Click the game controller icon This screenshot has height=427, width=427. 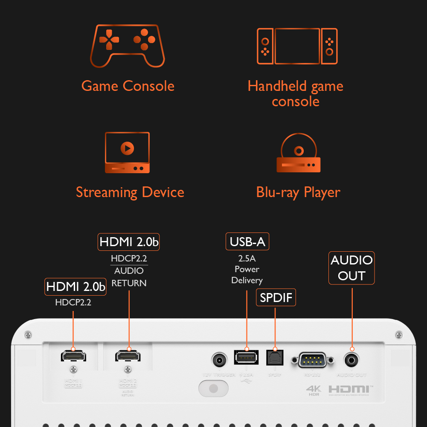(x=127, y=46)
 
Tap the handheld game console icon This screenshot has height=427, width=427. (x=297, y=46)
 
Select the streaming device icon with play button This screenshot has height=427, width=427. (x=127, y=153)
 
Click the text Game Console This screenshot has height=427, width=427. (x=128, y=86)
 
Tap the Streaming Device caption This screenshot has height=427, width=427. (x=130, y=192)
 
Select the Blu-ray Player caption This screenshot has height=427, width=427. (x=298, y=192)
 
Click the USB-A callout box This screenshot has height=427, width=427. (x=247, y=242)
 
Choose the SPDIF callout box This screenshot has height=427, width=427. (x=276, y=297)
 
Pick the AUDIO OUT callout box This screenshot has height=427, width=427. (x=351, y=268)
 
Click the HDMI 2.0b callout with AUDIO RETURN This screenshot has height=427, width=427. (x=129, y=242)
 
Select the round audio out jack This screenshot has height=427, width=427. (x=352, y=360)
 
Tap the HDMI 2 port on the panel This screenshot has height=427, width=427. (x=127, y=355)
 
